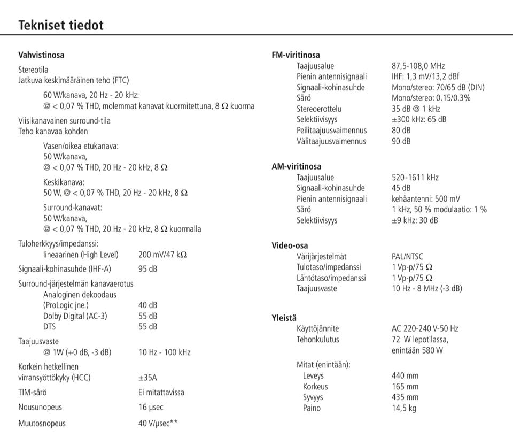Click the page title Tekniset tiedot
(x=61, y=25)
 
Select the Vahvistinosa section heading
(x=41, y=55)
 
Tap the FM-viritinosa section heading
(x=296, y=55)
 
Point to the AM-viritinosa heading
(x=297, y=166)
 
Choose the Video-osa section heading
(x=290, y=245)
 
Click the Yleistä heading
(x=284, y=318)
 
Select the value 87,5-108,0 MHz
(x=418, y=66)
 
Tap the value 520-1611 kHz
(x=415, y=177)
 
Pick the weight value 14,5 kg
(x=404, y=408)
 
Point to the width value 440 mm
(x=406, y=375)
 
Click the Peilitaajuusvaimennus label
(x=331, y=131)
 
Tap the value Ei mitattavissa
(x=161, y=392)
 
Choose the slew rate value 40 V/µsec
(x=158, y=423)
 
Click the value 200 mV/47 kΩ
(x=162, y=255)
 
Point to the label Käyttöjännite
(x=317, y=328)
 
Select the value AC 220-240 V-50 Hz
(x=425, y=328)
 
